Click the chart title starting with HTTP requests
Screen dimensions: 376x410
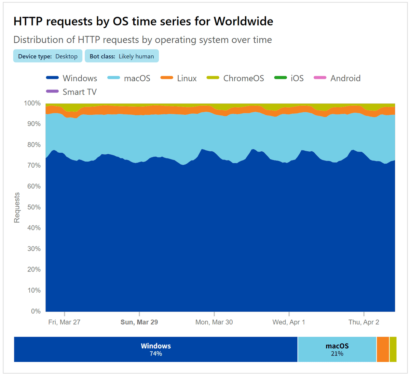coord(143,22)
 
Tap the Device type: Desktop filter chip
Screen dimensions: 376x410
coord(48,56)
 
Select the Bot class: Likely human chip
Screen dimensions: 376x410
coord(122,56)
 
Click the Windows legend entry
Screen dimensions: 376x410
coord(72,78)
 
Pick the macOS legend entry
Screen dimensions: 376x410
coord(129,78)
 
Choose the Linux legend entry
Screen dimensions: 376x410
coord(179,78)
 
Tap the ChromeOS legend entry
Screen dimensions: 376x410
coord(236,78)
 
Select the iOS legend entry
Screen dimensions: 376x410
coord(289,78)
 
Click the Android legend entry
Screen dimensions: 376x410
coord(337,78)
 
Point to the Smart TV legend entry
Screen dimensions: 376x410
coord(72,92)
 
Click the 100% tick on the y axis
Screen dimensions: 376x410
coord(32,103)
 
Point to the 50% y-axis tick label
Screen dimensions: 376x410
coord(34,207)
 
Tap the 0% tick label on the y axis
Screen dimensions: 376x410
coord(36,311)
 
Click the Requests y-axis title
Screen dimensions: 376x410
coord(17,207)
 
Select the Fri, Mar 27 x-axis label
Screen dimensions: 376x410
coord(64,322)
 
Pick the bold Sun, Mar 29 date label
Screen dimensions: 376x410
coord(139,322)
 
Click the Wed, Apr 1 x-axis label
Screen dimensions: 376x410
coord(289,322)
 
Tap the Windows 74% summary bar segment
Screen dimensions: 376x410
coord(156,349)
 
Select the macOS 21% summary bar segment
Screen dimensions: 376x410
coord(337,349)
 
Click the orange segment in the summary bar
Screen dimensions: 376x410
coord(383,349)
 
